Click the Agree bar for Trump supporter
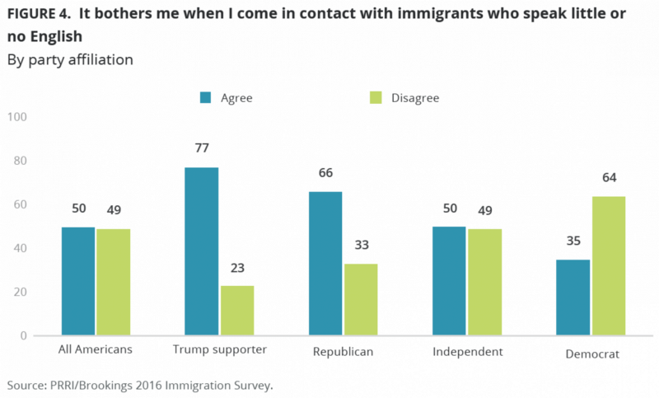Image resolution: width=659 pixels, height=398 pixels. click(x=203, y=251)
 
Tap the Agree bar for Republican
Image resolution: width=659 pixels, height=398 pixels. click(x=325, y=264)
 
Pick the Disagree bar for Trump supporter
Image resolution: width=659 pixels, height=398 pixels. click(x=237, y=311)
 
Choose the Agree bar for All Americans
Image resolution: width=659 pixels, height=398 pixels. click(x=77, y=281)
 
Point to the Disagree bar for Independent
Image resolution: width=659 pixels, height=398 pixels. click(x=484, y=282)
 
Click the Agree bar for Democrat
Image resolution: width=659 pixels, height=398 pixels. click(x=573, y=297)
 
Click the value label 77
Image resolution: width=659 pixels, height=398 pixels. click(x=202, y=149)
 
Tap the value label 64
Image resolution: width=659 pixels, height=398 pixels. click(x=609, y=177)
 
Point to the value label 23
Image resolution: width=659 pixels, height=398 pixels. click(x=237, y=268)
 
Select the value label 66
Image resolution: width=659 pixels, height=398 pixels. click(x=325, y=173)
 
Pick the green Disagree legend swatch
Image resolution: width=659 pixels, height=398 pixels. click(x=376, y=98)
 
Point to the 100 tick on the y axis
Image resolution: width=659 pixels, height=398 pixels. click(x=17, y=117)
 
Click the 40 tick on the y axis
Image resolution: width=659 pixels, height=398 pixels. click(x=20, y=248)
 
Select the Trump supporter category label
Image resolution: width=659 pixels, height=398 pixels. click(x=220, y=351)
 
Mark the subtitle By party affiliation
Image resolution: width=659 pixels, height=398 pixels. click(x=70, y=59)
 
